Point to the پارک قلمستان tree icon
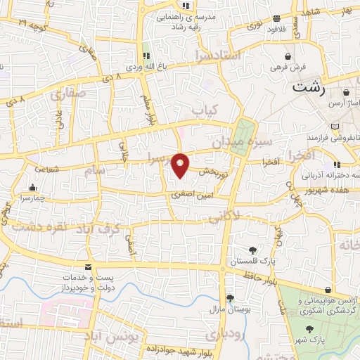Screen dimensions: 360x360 tap(252, 250)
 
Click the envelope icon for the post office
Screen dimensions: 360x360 tap(89, 266)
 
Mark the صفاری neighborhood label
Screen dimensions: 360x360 tap(67, 94)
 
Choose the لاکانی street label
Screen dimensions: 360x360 tap(244, 212)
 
